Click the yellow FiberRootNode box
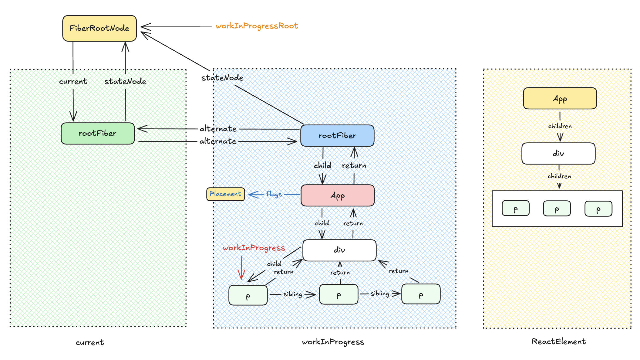[x=99, y=28]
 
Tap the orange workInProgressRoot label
[x=257, y=26]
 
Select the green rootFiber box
[x=98, y=134]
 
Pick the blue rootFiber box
[x=337, y=136]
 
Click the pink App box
[x=338, y=195]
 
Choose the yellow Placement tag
[x=225, y=194]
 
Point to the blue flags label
[x=274, y=194]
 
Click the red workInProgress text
[x=254, y=248]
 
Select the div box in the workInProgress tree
[x=339, y=250]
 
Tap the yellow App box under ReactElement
[x=560, y=98]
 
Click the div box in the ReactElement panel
[x=558, y=154]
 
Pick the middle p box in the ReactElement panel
[x=557, y=209]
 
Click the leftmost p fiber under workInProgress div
[x=248, y=295]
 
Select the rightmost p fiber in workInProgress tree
[x=421, y=294]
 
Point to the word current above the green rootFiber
[x=73, y=82]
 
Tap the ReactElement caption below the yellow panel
[x=559, y=341]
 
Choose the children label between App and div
[x=560, y=126]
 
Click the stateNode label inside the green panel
[x=125, y=82]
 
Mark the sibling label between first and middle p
[x=293, y=294]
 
